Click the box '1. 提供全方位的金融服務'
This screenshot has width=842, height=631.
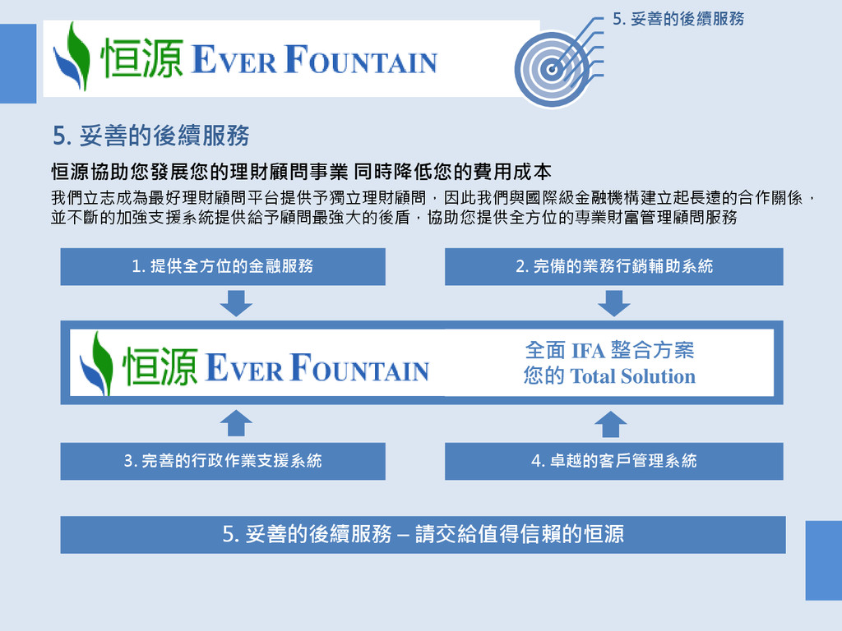(x=223, y=266)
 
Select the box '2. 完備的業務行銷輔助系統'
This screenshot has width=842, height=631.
(x=613, y=266)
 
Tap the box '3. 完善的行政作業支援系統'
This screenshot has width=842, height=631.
(x=223, y=461)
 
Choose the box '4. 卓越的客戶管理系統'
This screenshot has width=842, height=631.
(x=613, y=461)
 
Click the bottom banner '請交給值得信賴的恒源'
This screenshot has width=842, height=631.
(x=423, y=534)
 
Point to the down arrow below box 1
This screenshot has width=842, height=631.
(x=236, y=304)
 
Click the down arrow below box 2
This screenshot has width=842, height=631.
(x=613, y=304)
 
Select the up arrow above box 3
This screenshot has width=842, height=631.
(x=236, y=423)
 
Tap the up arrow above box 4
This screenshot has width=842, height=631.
(x=610, y=423)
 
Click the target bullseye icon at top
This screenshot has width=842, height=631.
(x=553, y=69)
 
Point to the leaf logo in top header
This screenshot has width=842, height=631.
(x=72, y=57)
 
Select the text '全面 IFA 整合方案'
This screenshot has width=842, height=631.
(x=609, y=351)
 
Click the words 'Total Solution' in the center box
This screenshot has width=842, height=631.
(x=632, y=377)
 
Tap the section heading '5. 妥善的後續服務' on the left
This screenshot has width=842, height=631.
(x=150, y=135)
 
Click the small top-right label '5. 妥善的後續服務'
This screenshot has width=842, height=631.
(x=678, y=18)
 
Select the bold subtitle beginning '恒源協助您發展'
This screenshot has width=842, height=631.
(x=301, y=172)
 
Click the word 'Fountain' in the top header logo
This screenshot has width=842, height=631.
(x=361, y=62)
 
